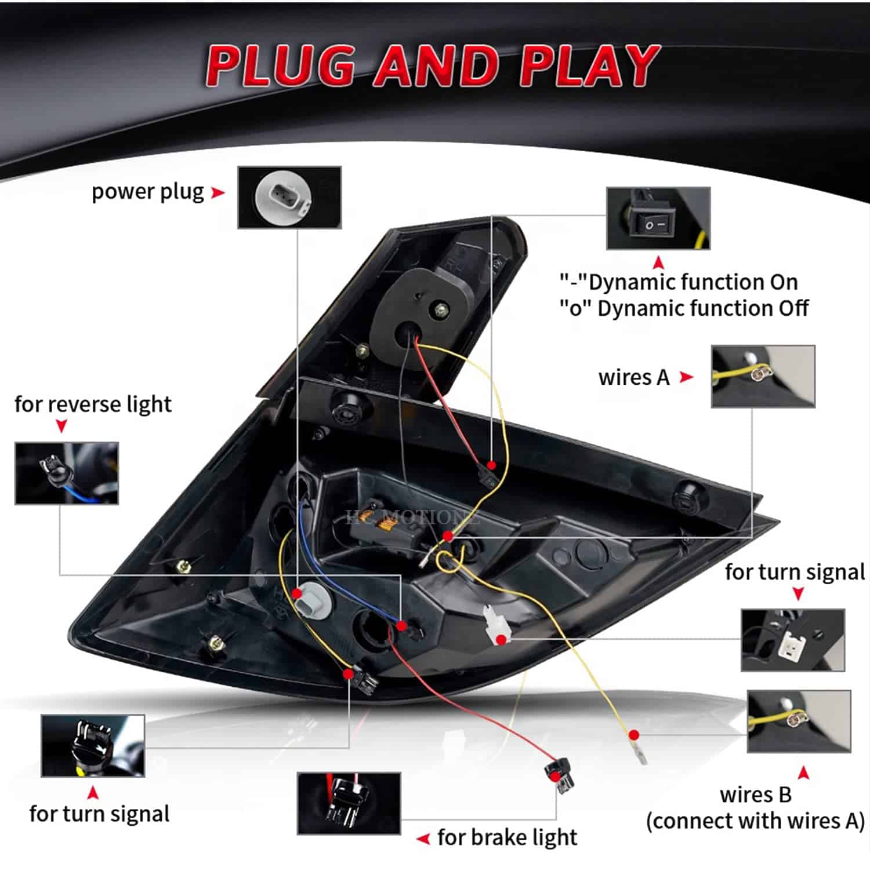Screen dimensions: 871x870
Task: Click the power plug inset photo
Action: click(289, 198)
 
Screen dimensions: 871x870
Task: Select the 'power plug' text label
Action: click(148, 192)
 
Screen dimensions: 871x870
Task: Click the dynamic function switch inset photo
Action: click(658, 218)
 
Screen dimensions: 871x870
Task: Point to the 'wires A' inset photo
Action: click(763, 377)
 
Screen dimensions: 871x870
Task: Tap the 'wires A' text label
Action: click(633, 378)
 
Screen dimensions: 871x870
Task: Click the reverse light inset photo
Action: click(67, 473)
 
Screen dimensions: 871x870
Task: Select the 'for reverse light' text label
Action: click(93, 404)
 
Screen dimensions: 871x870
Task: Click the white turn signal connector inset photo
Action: click(793, 640)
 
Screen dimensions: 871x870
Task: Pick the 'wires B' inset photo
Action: click(799, 721)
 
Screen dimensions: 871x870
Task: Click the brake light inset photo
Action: click(349, 803)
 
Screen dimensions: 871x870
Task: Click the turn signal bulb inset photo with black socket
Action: click(93, 746)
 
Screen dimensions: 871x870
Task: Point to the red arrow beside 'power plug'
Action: click(217, 192)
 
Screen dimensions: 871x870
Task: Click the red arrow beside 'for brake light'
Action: click(423, 839)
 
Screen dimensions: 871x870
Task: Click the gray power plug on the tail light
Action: click(308, 603)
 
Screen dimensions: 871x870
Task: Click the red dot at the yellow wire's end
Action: click(634, 735)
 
